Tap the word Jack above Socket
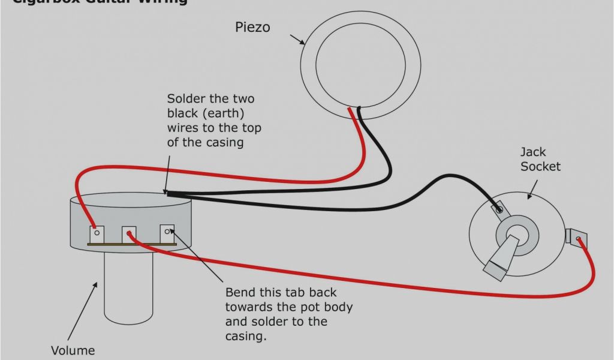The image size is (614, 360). pos(533,152)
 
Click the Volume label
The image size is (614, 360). pos(72,350)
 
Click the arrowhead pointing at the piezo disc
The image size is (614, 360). pos(302,43)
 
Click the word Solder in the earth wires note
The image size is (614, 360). pos(185,98)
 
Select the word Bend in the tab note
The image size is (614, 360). pos(240,293)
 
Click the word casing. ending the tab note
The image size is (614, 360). pos(245,336)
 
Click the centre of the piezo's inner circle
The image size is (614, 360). pos(360,65)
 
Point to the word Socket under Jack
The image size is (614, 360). pos(540,166)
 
